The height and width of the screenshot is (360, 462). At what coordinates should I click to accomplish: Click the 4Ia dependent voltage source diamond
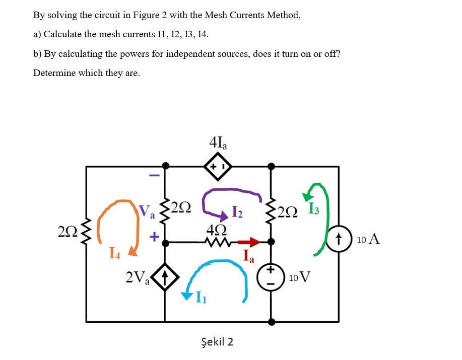click(217, 166)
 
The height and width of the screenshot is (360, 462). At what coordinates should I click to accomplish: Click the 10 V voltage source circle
click(271, 277)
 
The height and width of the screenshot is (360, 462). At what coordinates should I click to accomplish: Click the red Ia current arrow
click(251, 242)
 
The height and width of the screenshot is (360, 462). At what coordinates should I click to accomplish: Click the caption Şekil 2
click(217, 342)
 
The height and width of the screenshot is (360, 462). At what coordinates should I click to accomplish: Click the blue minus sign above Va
click(155, 176)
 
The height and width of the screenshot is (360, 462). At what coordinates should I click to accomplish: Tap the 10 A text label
click(368, 239)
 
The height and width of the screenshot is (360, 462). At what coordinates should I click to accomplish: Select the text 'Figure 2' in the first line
click(150, 15)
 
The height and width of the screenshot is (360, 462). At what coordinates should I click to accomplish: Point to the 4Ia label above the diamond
click(218, 141)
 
